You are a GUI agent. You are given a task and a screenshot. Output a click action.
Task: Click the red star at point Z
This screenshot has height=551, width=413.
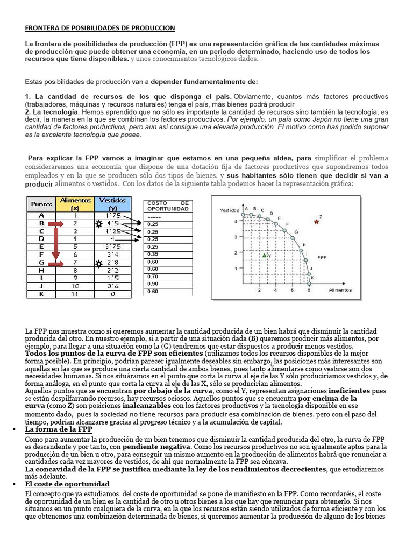pos(317,221)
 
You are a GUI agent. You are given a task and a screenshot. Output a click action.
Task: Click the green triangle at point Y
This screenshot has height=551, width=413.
pos(264,255)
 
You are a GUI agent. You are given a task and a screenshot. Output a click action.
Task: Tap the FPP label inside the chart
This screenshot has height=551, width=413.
pos(322,257)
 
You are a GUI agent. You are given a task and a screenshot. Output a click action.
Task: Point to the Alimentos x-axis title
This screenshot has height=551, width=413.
pos(340,289)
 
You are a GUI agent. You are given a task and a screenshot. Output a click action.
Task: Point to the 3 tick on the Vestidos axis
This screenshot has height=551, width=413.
pos(234,237)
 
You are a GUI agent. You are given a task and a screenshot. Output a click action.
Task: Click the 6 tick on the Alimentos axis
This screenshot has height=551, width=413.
pos(292,289)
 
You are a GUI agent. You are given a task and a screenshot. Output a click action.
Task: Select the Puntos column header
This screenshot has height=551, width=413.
pos(41,204)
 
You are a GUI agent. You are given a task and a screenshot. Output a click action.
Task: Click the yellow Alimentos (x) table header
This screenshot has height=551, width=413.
pos(75,204)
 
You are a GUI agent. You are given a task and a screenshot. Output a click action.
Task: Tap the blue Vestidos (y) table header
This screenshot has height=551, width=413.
pos(112,204)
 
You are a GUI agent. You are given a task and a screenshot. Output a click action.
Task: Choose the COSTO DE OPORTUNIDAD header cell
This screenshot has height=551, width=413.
pos(168,206)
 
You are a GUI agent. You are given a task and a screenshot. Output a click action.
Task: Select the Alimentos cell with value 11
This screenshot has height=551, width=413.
pos(75,294)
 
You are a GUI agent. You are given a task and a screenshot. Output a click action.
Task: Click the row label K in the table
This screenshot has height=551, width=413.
pos(41,294)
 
